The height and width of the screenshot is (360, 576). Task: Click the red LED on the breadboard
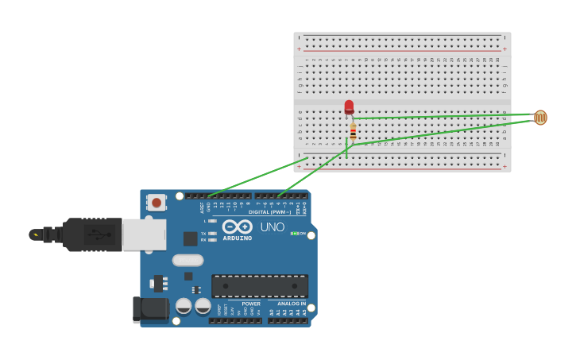(349, 106)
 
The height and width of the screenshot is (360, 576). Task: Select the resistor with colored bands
(353, 132)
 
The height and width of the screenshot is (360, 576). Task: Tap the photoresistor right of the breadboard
(540, 118)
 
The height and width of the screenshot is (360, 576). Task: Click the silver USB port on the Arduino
(144, 234)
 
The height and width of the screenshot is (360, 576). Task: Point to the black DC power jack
(150, 309)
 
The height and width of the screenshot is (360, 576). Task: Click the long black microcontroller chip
(259, 286)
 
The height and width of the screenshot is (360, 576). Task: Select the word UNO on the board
(273, 227)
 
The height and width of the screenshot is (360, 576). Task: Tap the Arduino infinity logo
(237, 226)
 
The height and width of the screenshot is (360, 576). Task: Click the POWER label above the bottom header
(251, 304)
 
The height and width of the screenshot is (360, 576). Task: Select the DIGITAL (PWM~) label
(269, 212)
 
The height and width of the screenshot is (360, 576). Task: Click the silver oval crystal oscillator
(187, 260)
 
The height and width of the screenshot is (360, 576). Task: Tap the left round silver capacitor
(184, 306)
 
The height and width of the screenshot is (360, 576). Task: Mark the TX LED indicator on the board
(212, 234)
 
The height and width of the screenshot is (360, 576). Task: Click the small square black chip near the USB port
(191, 238)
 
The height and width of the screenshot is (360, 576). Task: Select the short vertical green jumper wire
(346, 148)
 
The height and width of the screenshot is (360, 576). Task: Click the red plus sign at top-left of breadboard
(300, 49)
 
